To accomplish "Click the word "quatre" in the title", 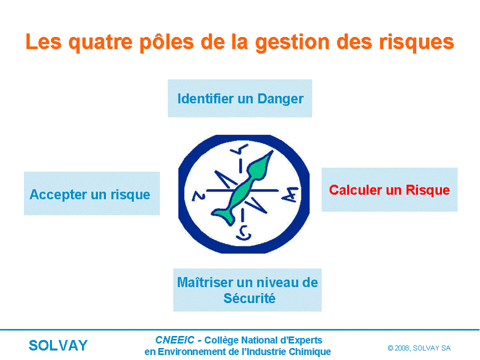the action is click(100, 42).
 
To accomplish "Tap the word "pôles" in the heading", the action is click(166, 41).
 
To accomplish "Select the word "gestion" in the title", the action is click(292, 42).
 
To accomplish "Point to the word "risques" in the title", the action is click(416, 42).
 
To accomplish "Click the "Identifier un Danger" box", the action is click(239, 98).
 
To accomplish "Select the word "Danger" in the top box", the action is click(280, 99).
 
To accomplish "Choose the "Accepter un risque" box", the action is click(92, 193).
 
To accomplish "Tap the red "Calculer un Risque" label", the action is click(389, 190).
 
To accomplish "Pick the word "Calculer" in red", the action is click(355, 190).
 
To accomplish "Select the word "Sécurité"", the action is click(249, 298).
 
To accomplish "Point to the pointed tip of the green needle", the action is click(272, 151).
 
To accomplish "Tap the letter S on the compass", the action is click(243, 233).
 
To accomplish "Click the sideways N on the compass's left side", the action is click(198, 196).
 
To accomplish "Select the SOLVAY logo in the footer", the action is click(58, 345).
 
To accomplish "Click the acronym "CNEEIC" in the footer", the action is click(175, 340).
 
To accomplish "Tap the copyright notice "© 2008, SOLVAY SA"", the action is click(419, 348).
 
